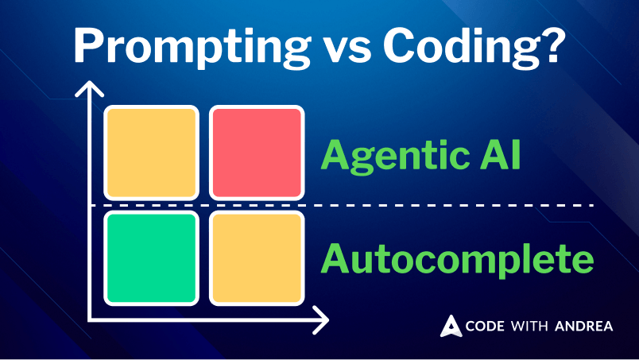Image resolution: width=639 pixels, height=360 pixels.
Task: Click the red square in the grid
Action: tap(257, 153)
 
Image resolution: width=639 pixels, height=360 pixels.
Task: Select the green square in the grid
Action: tap(151, 257)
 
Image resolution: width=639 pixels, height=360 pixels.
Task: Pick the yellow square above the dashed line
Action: tap(151, 153)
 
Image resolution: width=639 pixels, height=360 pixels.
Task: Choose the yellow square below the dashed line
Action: tap(257, 257)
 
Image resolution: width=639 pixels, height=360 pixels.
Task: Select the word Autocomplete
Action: tap(457, 259)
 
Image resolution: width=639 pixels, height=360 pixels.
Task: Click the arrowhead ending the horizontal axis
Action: tap(323, 320)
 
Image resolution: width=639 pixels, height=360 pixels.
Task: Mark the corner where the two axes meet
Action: tap(90, 320)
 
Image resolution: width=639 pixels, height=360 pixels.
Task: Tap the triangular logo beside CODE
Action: tap(451, 326)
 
